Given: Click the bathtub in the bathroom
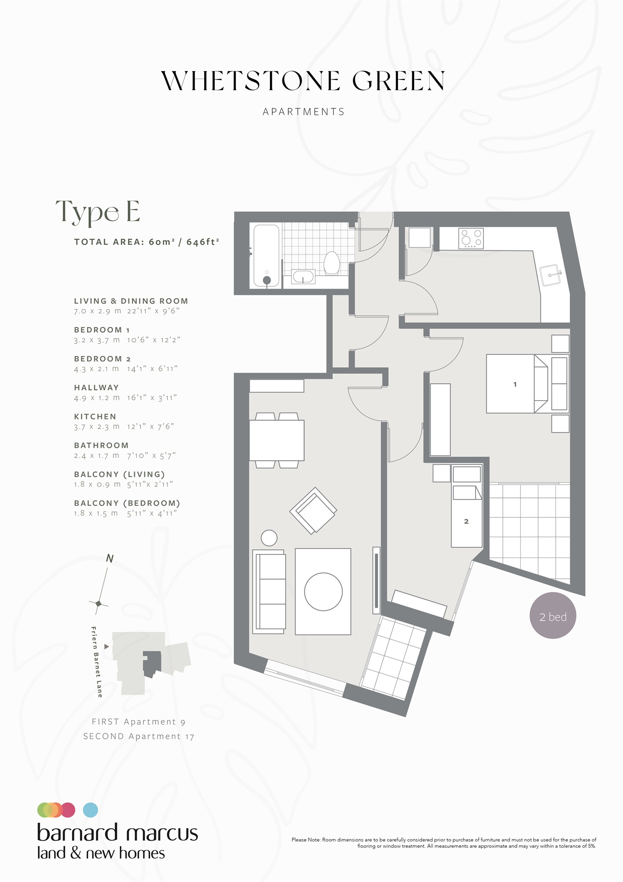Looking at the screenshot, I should pyautogui.click(x=266, y=255).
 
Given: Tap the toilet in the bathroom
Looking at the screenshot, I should pyautogui.click(x=331, y=263).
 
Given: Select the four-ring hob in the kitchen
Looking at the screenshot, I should pyautogui.click(x=471, y=239).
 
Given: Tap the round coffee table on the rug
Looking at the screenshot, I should pyautogui.click(x=323, y=592).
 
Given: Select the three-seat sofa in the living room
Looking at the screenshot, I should pyautogui.click(x=269, y=592).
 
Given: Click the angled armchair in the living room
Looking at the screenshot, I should pyautogui.click(x=314, y=510).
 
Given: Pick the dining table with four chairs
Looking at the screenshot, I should pyautogui.click(x=277, y=440).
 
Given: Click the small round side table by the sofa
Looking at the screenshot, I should pyautogui.click(x=269, y=538).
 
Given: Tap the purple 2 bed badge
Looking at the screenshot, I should pyautogui.click(x=553, y=616).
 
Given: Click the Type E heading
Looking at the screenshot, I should pyautogui.click(x=98, y=212).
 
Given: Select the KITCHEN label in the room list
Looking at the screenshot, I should pyautogui.click(x=95, y=417).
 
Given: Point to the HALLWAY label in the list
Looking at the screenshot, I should pyautogui.click(x=96, y=388).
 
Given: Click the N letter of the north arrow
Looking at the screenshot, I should pyautogui.click(x=110, y=558).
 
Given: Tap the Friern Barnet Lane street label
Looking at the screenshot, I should pyautogui.click(x=96, y=661).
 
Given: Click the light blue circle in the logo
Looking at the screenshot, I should pyautogui.click(x=90, y=810).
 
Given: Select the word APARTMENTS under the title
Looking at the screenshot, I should pyautogui.click(x=303, y=112).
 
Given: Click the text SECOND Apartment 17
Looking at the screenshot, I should pyautogui.click(x=139, y=736).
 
